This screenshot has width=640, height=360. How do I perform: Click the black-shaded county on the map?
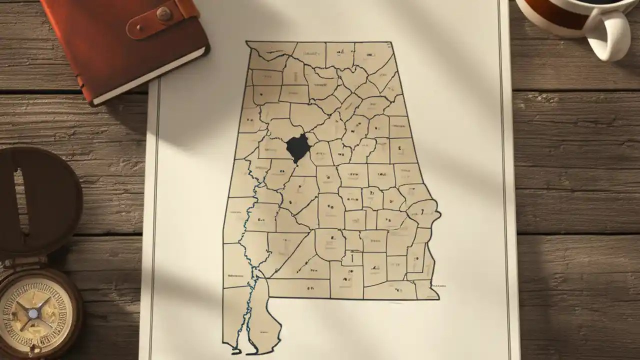tap(297, 147)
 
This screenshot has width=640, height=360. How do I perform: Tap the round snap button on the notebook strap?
tap(163, 14)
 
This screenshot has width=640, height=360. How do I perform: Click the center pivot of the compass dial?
tap(33, 313)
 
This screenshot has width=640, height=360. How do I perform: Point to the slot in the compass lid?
tap(20, 195)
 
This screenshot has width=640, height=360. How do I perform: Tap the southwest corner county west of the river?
tap(235, 320)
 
